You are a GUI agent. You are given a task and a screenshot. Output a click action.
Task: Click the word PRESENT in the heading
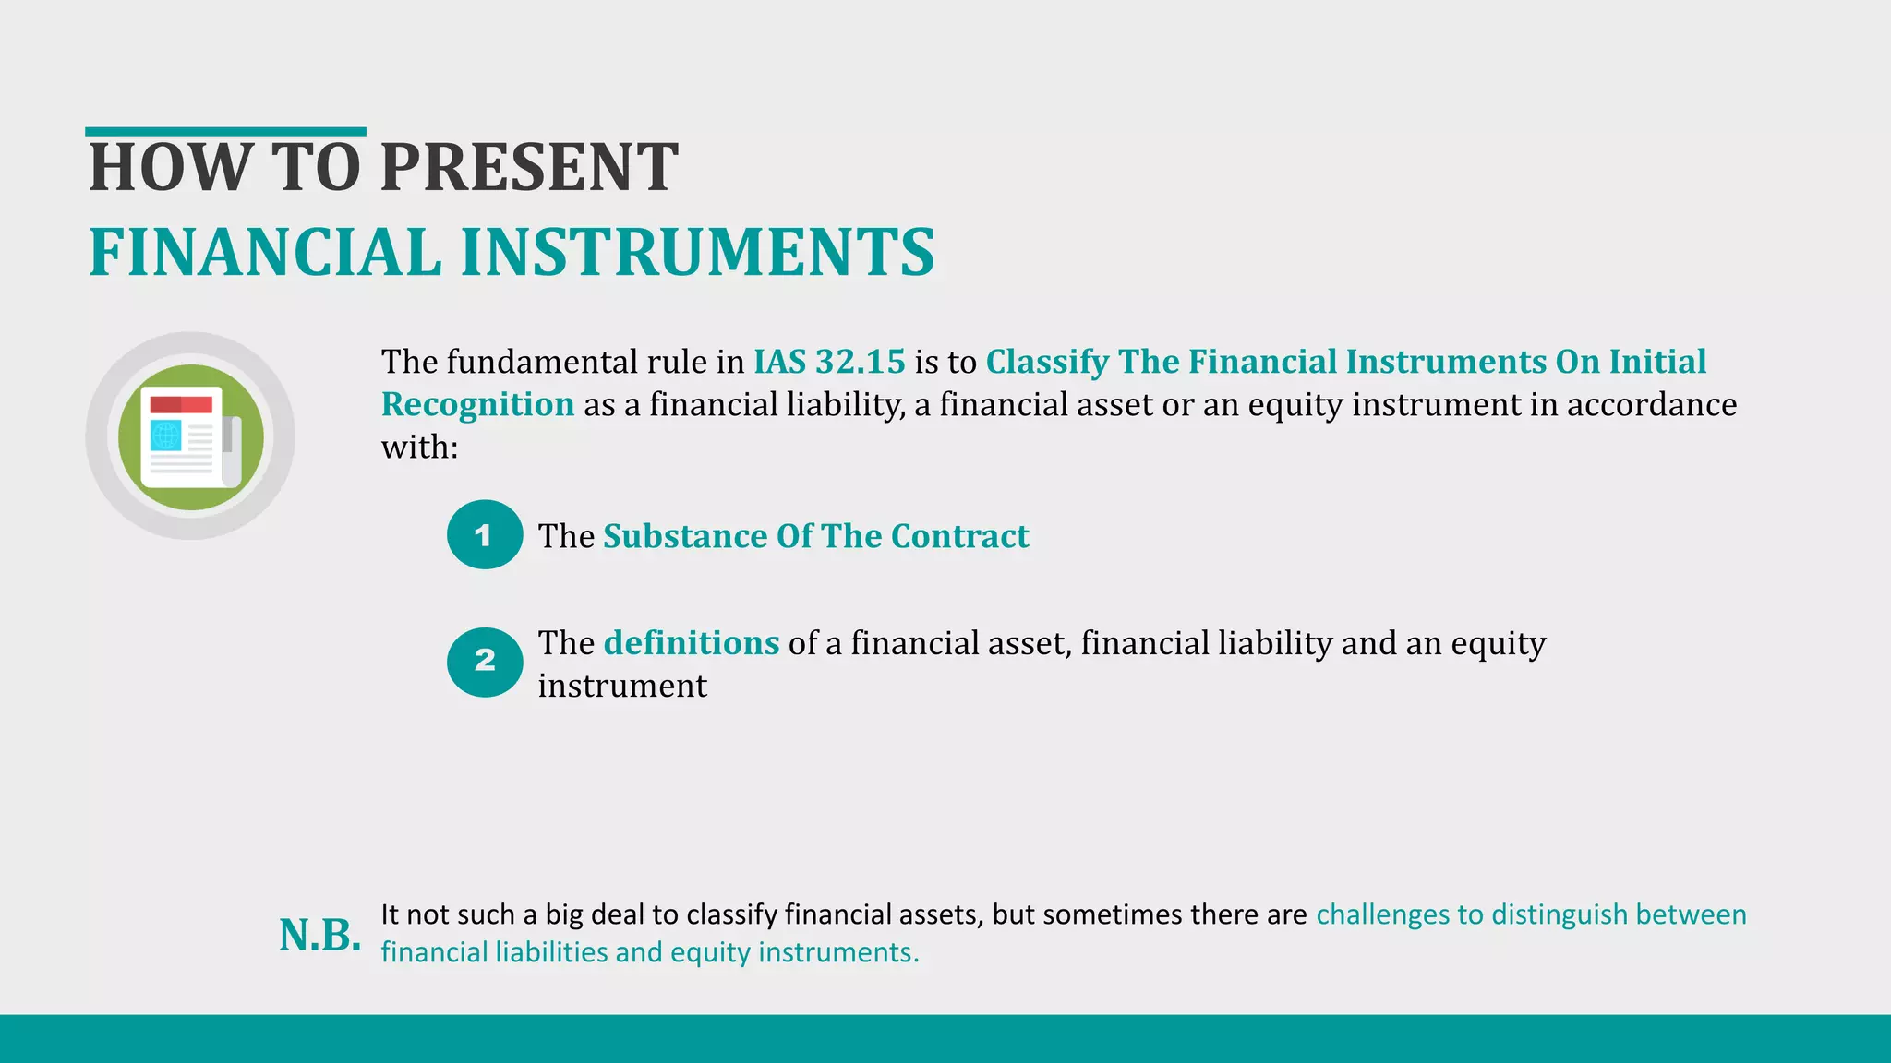[x=529, y=168]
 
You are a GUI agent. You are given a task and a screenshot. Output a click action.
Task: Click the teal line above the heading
[x=225, y=132]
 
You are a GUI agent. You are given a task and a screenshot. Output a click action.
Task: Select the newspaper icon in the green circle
[x=190, y=436]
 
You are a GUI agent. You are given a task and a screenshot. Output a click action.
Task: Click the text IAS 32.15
[x=828, y=362]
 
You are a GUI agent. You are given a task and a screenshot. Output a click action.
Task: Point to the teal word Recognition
[x=477, y=404]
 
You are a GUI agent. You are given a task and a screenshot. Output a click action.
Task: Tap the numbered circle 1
[x=485, y=534]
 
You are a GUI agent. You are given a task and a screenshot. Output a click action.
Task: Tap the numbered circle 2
[x=485, y=662]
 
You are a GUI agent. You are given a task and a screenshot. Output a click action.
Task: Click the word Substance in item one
[x=684, y=536]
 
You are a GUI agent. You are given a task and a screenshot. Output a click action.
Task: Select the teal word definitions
[x=691, y=643]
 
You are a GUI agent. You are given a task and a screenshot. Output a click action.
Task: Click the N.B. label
[x=319, y=935]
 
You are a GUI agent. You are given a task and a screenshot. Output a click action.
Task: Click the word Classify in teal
[x=1047, y=362]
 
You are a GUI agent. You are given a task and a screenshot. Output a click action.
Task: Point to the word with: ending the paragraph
[x=419, y=448]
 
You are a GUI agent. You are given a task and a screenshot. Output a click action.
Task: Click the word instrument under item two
[x=621, y=686]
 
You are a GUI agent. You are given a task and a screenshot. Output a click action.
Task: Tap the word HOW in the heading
[x=169, y=168]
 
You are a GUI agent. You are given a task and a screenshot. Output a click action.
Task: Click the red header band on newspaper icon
[x=181, y=404]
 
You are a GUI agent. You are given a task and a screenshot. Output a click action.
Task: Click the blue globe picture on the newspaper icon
[x=166, y=436]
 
